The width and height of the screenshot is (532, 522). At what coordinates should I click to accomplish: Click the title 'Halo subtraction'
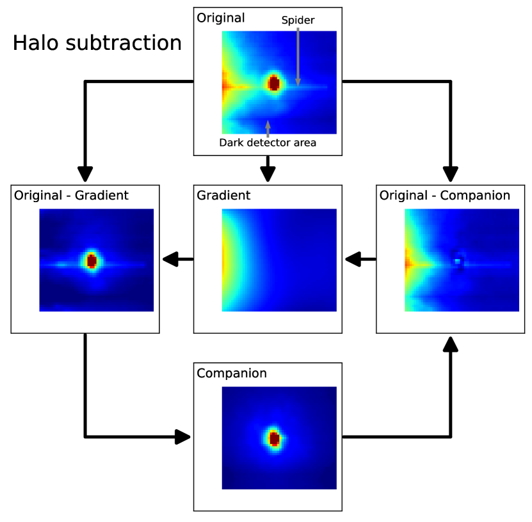tap(97, 43)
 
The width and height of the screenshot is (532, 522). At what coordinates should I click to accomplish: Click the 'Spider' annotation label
tap(298, 20)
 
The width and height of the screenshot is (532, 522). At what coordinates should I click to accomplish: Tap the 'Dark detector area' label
tap(268, 143)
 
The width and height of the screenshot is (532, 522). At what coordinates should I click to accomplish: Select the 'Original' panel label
tap(221, 17)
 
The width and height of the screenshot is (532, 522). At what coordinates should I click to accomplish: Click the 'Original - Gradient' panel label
tap(71, 195)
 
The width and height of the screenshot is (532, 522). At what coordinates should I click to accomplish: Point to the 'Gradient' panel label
tap(223, 195)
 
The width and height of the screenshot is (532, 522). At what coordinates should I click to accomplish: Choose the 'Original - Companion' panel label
tap(445, 195)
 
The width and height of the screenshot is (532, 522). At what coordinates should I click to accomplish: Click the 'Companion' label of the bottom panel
tap(232, 373)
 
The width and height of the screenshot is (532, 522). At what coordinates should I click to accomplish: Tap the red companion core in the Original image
tap(274, 83)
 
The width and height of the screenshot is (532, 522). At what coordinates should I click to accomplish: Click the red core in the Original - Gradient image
tap(92, 260)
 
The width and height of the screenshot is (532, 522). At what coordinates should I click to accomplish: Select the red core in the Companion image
tap(274, 438)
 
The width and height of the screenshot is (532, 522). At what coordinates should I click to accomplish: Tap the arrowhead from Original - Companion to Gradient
tap(353, 259)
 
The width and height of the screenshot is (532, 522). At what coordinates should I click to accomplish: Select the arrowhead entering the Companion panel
tap(184, 437)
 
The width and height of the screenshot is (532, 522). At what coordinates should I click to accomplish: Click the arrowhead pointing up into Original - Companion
tap(451, 344)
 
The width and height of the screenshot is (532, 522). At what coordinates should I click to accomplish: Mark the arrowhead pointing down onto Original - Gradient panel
tap(85, 174)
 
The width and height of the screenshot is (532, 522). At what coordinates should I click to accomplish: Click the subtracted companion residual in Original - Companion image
tap(458, 262)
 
